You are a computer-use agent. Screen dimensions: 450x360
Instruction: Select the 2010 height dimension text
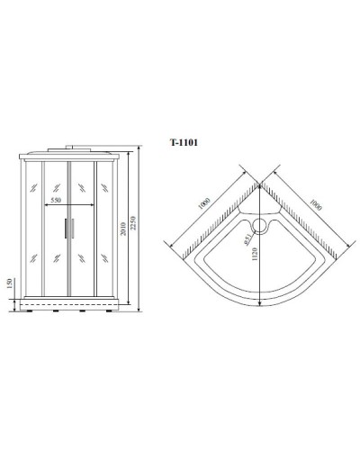[125, 232]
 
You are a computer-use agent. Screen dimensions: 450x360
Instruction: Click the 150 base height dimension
[10, 286]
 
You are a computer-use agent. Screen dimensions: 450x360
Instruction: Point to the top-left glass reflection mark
[33, 189]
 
